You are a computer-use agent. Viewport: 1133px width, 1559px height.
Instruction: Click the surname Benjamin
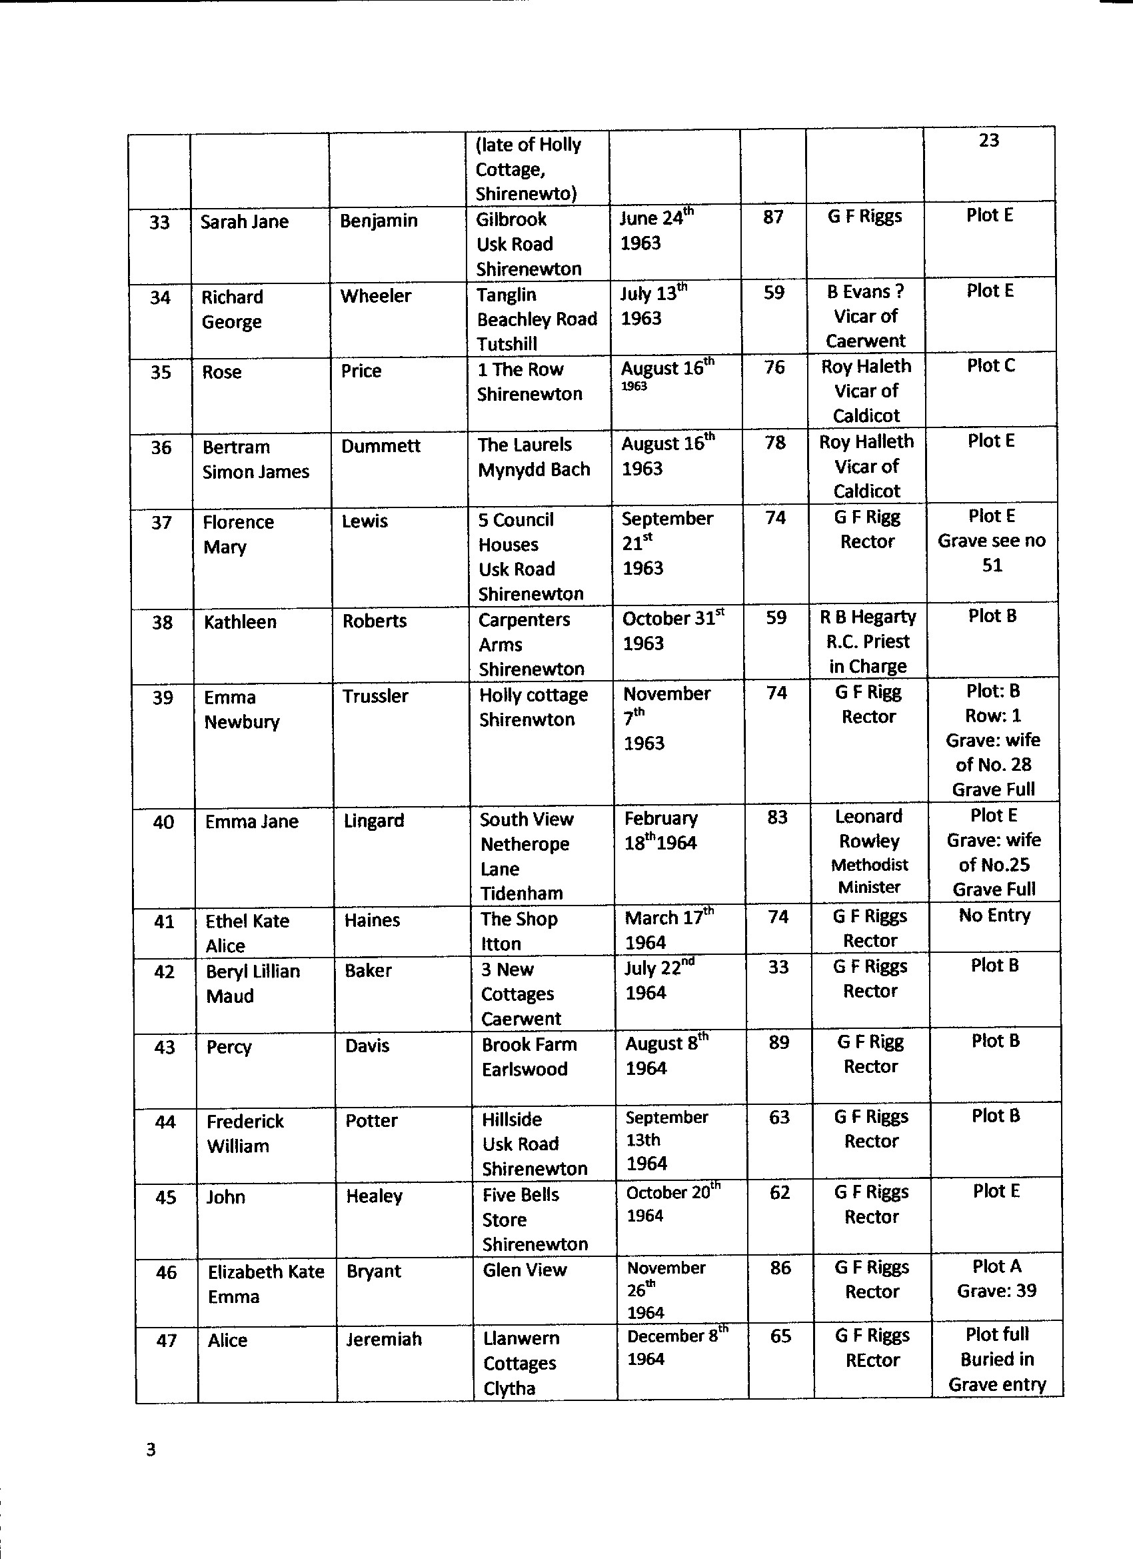click(379, 221)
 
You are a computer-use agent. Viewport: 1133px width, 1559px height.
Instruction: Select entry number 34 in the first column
click(160, 297)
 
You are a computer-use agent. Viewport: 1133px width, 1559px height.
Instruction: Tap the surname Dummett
click(381, 446)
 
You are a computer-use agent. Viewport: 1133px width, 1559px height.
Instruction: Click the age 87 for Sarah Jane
click(773, 217)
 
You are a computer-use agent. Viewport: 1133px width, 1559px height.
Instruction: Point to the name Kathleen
click(241, 622)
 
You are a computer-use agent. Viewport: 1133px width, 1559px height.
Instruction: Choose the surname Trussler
click(375, 696)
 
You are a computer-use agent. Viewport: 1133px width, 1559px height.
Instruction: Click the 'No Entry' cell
click(994, 916)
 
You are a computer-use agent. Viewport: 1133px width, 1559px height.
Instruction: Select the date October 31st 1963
click(672, 630)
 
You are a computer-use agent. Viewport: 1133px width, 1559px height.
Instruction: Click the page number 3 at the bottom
click(151, 1450)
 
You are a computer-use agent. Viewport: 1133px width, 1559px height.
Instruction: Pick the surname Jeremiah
click(383, 1339)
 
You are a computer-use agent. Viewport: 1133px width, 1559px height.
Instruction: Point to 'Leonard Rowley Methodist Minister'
click(869, 852)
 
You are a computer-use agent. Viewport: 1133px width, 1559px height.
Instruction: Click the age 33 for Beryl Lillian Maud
click(778, 967)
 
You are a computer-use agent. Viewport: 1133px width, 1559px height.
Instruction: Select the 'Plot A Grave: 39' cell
click(996, 1278)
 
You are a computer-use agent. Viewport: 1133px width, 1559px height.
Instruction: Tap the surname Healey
click(374, 1197)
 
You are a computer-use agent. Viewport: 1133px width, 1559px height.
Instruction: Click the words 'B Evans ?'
click(865, 292)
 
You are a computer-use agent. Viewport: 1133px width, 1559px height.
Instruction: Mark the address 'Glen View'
click(525, 1270)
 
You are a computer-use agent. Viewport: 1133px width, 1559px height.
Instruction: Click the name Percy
click(229, 1047)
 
